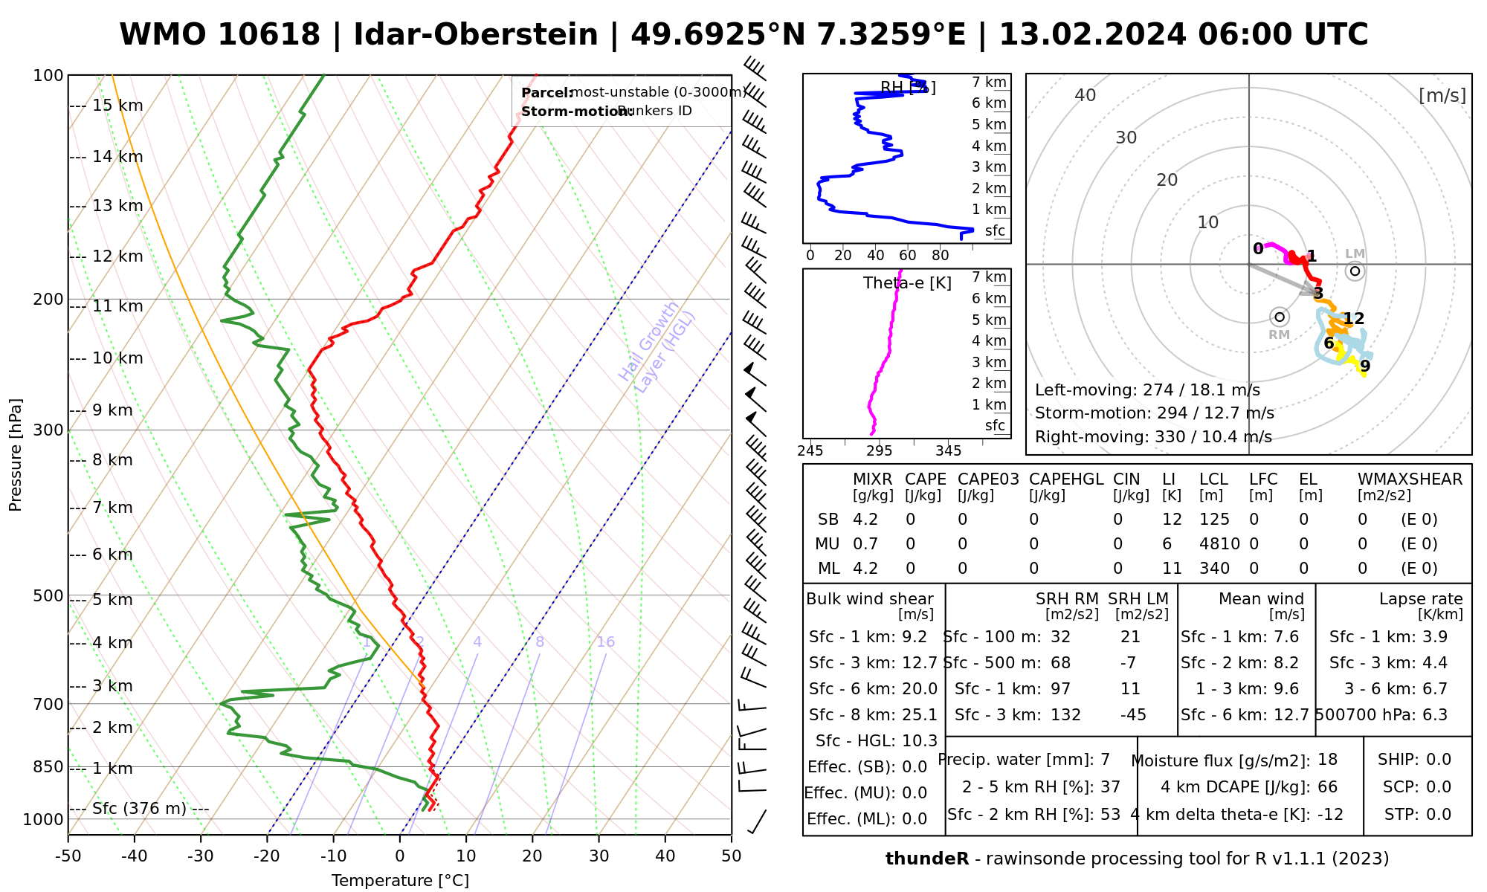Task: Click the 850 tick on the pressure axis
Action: pos(49,766)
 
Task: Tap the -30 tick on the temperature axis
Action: pos(201,856)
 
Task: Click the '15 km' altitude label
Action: pos(117,106)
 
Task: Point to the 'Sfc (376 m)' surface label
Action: pos(139,809)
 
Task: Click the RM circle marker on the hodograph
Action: pos(1280,317)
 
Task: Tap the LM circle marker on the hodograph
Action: pos(1355,271)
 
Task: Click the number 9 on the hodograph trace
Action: pos(1365,366)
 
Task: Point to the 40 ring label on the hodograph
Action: pos(1086,95)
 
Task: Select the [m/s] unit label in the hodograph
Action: pos(1442,95)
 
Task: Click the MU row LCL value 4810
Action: pos(1219,544)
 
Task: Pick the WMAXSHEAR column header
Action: pos(1410,479)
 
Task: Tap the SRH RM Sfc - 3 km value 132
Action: pos(1065,715)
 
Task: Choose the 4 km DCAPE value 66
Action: pos(1327,787)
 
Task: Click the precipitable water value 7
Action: pos(1106,760)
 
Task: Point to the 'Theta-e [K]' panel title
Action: pos(907,283)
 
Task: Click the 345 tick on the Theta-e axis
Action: pos(948,451)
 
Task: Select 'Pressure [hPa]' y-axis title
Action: pos(16,455)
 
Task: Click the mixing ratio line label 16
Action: pos(606,642)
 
